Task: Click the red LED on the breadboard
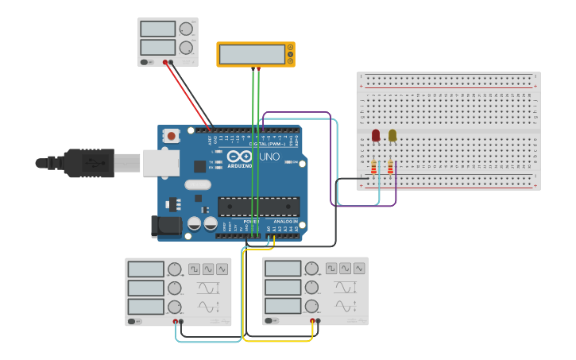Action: [376, 136]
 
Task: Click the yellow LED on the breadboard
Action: [392, 136]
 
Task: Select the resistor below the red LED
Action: [374, 167]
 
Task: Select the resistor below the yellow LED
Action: [391, 167]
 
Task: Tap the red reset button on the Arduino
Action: [172, 137]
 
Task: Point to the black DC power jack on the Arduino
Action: [166, 226]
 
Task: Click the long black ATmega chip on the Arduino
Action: [258, 207]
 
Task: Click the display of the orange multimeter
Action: [252, 54]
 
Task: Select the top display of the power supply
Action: [157, 29]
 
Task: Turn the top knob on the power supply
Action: [186, 29]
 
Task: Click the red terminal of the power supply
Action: [165, 62]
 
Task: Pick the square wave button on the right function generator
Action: [331, 269]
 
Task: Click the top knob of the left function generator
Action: [174, 269]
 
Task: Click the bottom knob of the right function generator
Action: [311, 306]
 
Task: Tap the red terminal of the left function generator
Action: [176, 321]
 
